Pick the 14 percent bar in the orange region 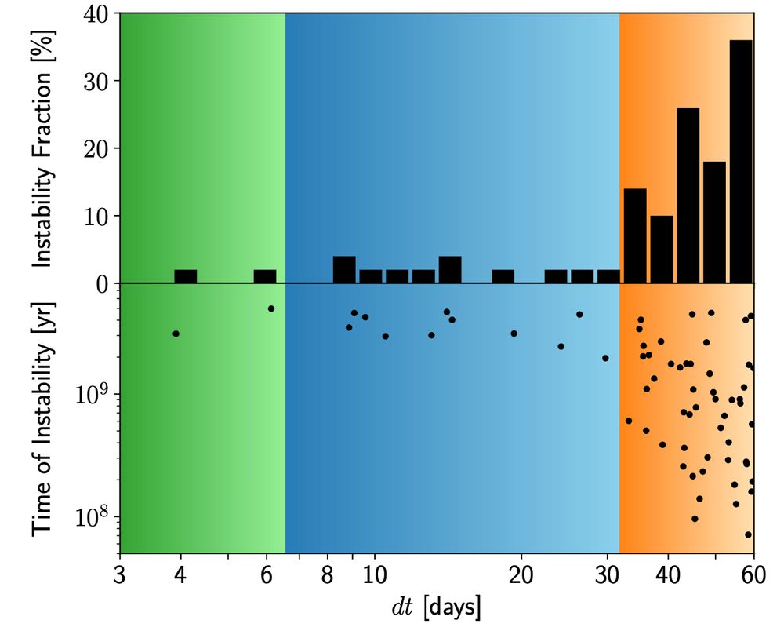[635, 235]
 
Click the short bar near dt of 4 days [185, 276]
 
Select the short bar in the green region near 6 [265, 276]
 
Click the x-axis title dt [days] [437, 607]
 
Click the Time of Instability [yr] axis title [43, 419]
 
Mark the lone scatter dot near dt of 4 [176, 334]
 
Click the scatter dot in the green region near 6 [270, 308]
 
